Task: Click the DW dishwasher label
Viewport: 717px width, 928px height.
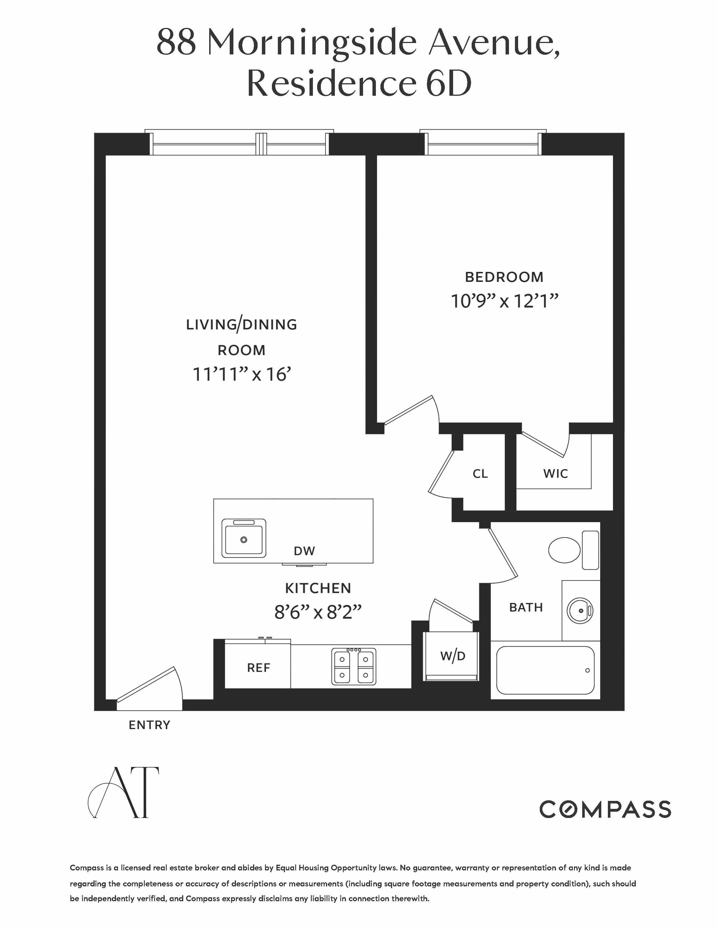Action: coord(304,551)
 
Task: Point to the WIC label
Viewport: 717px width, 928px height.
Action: coord(555,473)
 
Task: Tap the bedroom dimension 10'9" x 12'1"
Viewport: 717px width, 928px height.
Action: coord(504,301)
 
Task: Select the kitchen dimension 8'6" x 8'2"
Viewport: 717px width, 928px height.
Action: coord(318,612)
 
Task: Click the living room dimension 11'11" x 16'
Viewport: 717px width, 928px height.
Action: coord(241,374)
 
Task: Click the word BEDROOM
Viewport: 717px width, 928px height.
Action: coord(504,277)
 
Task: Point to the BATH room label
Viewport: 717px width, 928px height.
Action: coord(525,608)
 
